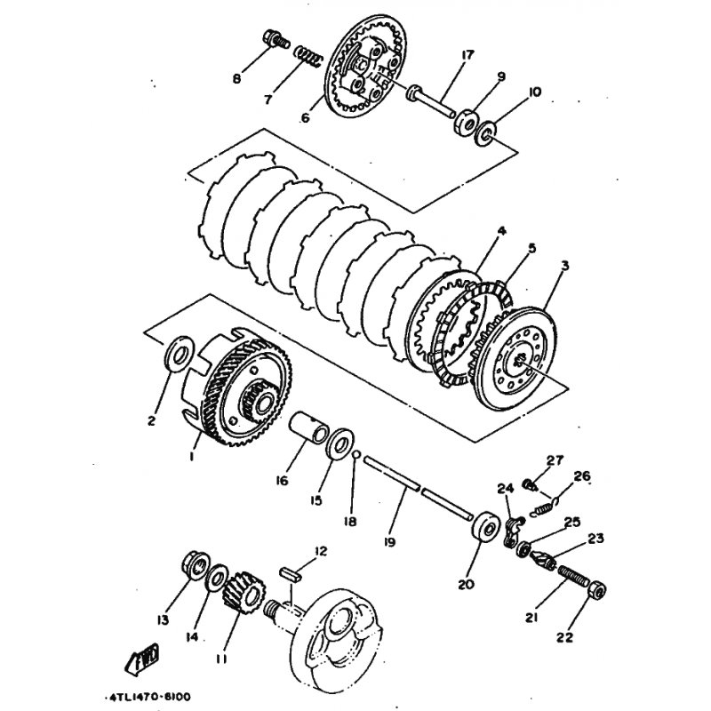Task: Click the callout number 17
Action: point(467,55)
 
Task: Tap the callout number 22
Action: point(564,637)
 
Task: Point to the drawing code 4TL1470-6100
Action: point(148,697)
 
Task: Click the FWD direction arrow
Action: point(142,656)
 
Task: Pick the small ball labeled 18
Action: point(356,454)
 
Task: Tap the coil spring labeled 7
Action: point(308,55)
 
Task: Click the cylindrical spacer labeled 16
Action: point(308,427)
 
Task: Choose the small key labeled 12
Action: point(291,573)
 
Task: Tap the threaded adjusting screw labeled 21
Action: point(572,575)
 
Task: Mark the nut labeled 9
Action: point(465,121)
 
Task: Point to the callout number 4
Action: point(501,230)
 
